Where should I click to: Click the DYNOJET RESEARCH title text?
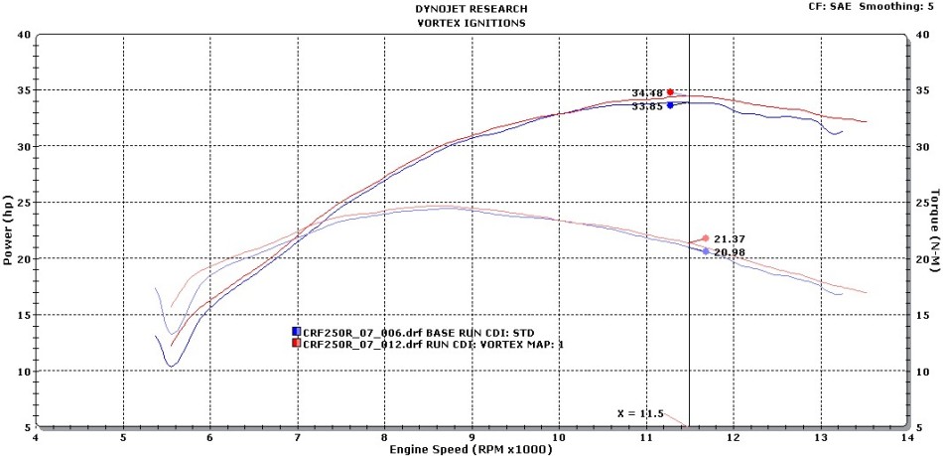coord(471,9)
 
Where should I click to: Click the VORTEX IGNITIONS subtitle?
coord(471,22)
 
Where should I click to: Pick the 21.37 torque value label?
coord(730,239)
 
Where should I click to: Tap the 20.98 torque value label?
coord(730,252)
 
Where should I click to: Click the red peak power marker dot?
coord(670,92)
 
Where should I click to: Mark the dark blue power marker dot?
coord(670,104)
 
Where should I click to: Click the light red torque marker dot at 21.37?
coord(705,238)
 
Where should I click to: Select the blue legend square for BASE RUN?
coord(296,331)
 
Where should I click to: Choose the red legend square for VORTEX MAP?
coord(296,343)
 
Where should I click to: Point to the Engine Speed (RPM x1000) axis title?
coord(471,449)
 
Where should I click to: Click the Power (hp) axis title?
coord(8,231)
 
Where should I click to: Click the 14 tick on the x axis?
coord(906,437)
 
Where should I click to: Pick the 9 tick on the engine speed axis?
coord(471,437)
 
